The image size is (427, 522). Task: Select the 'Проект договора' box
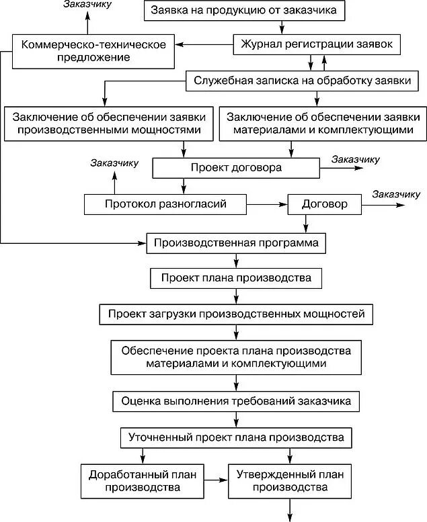(235, 167)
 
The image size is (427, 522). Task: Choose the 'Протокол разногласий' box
(165, 203)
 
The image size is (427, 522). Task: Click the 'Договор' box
(325, 203)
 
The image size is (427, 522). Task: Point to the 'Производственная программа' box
(236, 242)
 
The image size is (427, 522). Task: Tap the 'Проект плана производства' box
(236, 278)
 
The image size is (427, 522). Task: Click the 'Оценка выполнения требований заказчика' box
(236, 402)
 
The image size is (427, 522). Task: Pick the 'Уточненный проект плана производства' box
(236, 438)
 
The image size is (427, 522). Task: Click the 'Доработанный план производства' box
(142, 481)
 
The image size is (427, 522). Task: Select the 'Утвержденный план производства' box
(290, 481)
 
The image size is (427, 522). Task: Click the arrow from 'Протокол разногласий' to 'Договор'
(267, 203)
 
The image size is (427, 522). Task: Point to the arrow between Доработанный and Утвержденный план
(215, 481)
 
